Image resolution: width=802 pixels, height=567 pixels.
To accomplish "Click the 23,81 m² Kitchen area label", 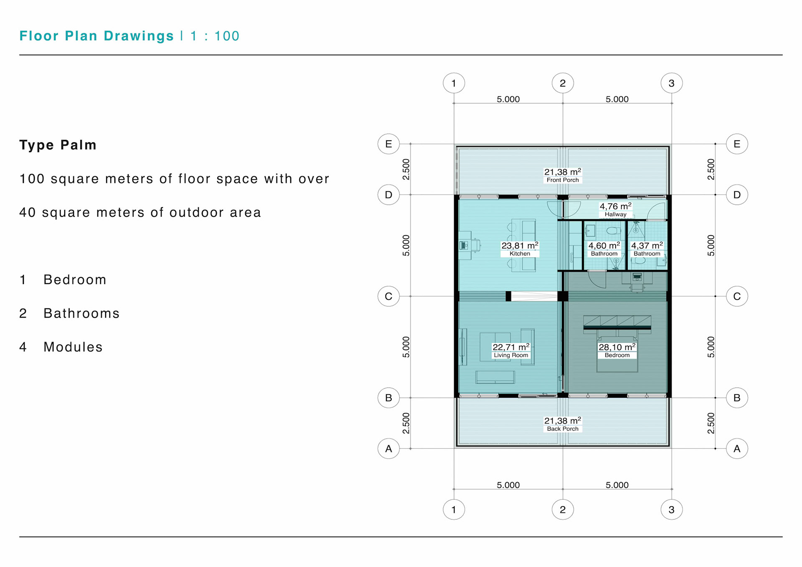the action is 520,249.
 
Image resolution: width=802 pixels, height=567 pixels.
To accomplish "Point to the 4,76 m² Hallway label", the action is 616,210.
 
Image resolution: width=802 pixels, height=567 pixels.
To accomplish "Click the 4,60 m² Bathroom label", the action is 604,249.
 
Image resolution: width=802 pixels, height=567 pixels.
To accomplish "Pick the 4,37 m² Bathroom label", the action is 647,249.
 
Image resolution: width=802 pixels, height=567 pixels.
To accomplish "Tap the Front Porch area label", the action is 563,175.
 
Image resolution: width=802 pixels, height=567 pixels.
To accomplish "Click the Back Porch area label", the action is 563,424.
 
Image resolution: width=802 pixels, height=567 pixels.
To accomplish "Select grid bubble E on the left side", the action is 388,144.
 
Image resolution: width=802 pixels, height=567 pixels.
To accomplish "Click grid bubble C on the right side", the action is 737,296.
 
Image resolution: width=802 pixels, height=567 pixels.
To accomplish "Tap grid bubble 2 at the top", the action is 563,83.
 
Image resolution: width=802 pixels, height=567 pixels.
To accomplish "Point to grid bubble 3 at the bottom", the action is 672,509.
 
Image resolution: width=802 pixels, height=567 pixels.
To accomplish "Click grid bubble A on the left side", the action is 388,448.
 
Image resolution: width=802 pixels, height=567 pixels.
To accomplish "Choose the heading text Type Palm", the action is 58,145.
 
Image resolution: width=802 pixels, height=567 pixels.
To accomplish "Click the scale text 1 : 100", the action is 215,36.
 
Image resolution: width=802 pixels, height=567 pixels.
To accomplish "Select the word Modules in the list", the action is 73,347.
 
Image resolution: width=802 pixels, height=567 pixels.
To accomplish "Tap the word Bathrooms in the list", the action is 82,313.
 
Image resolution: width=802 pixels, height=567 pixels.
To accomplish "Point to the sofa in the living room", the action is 495,377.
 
